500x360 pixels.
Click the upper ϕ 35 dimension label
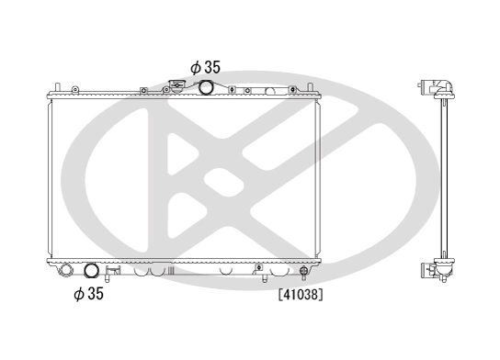(x=205, y=66)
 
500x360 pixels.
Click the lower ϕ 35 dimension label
(x=88, y=296)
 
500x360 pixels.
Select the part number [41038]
(x=300, y=296)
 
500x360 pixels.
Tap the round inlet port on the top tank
(x=206, y=87)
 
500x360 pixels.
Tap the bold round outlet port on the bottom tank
(x=92, y=271)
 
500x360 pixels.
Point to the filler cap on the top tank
(x=176, y=88)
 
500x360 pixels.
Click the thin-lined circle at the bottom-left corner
(x=65, y=272)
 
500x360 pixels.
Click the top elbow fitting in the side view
(x=440, y=87)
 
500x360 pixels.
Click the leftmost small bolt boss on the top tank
(x=143, y=89)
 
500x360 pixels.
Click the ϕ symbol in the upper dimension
(x=195, y=66)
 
